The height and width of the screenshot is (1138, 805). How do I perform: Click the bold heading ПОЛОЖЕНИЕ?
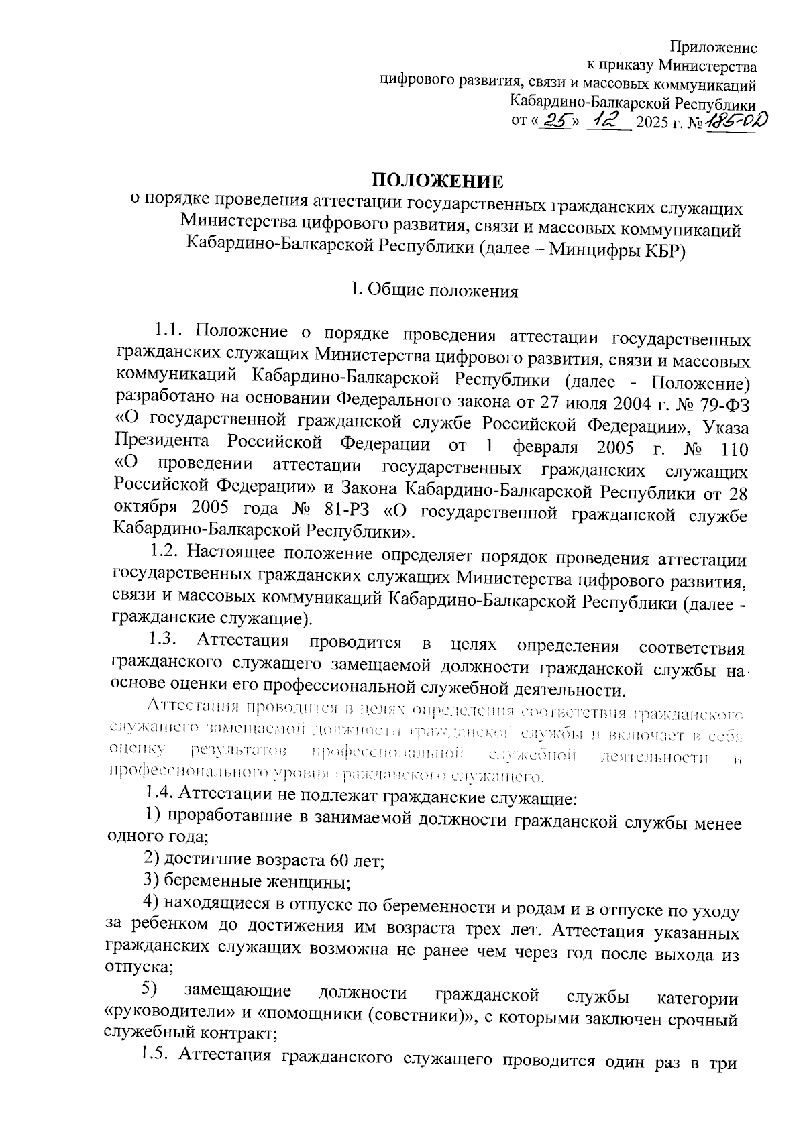[437, 181]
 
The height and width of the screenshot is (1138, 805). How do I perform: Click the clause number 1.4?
[159, 794]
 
